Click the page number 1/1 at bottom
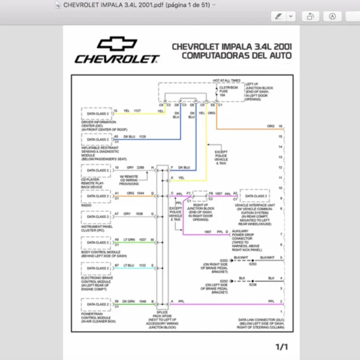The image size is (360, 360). [282, 347]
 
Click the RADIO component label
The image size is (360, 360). [85, 205]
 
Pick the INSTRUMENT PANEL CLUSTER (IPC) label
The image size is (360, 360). [97, 228]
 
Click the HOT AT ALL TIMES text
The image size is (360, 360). [226, 80]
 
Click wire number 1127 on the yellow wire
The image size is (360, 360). [137, 111]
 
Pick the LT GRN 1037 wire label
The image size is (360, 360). [135, 239]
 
